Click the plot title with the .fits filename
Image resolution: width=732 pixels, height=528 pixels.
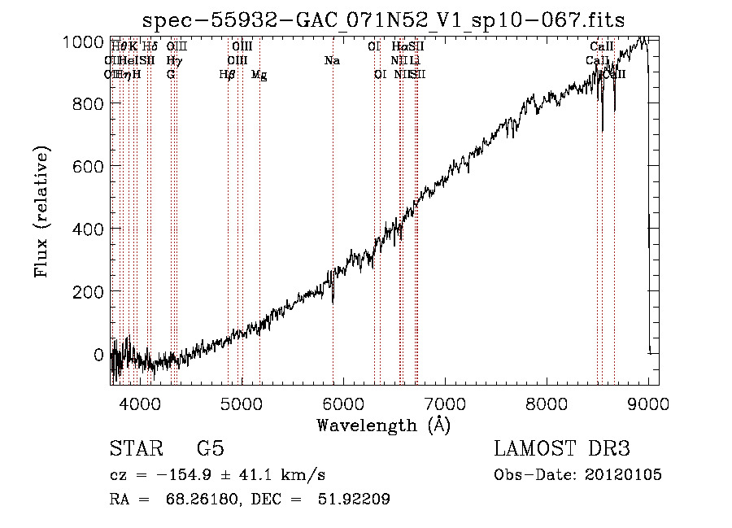383,20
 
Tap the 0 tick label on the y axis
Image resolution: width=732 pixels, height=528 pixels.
98,355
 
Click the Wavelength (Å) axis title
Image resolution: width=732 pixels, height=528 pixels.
383,425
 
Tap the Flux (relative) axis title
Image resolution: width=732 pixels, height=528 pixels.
41,212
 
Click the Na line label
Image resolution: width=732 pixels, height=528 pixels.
332,61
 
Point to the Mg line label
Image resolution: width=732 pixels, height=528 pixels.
259,75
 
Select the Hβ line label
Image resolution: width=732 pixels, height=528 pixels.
228,74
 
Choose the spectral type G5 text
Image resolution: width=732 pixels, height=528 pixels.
210,449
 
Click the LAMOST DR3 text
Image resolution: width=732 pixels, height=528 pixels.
561,449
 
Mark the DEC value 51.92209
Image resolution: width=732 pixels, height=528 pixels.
354,500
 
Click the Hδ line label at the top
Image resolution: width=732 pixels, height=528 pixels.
150,47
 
